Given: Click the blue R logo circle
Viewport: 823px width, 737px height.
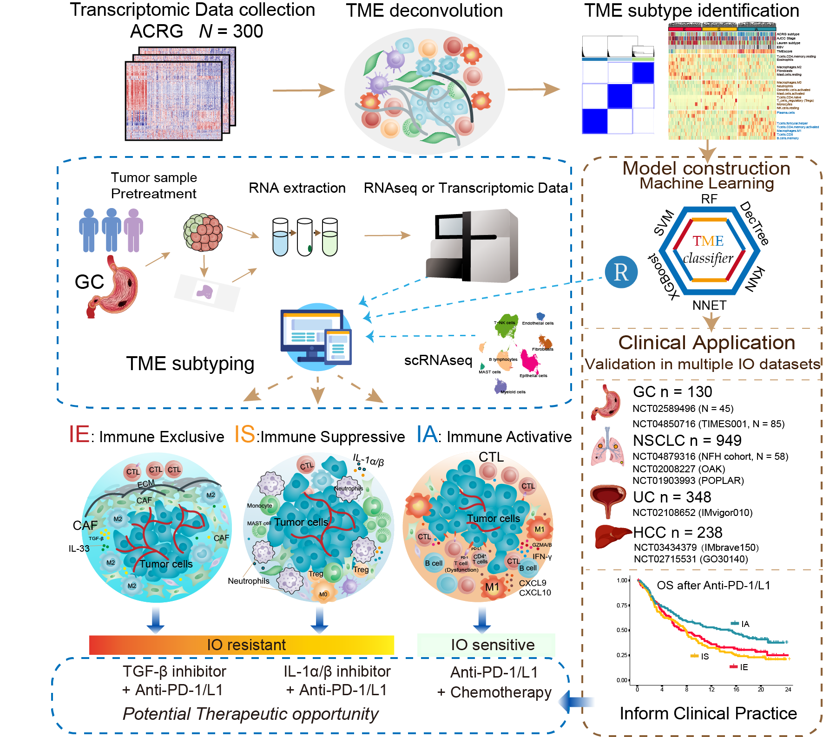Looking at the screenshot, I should pyautogui.click(x=621, y=272).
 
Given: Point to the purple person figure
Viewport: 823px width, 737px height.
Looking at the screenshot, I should pyautogui.click(x=133, y=230).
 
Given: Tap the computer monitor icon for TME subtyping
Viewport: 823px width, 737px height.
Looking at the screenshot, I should pyautogui.click(x=316, y=336).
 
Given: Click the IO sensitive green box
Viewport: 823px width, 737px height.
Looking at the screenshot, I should pyautogui.click(x=486, y=645).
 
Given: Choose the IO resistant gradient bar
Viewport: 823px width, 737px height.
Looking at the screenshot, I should pyautogui.click(x=241, y=645).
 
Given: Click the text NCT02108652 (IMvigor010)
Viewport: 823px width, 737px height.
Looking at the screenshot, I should pyautogui.click(x=692, y=513).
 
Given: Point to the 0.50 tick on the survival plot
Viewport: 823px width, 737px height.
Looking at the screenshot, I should pyautogui.click(x=622, y=630).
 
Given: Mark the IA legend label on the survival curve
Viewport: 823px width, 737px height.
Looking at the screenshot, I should pyautogui.click(x=745, y=624).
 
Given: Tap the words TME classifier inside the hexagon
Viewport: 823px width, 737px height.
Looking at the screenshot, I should pyautogui.click(x=708, y=249).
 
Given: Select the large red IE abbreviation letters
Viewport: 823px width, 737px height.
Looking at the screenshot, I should pyautogui.click(x=79, y=435).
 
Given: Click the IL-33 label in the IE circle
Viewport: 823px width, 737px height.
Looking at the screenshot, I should pyautogui.click(x=79, y=548).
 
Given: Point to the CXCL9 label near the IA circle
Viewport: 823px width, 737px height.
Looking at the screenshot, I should pyautogui.click(x=533, y=583).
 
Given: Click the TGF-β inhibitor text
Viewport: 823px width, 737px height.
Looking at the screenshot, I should pyautogui.click(x=174, y=672).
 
